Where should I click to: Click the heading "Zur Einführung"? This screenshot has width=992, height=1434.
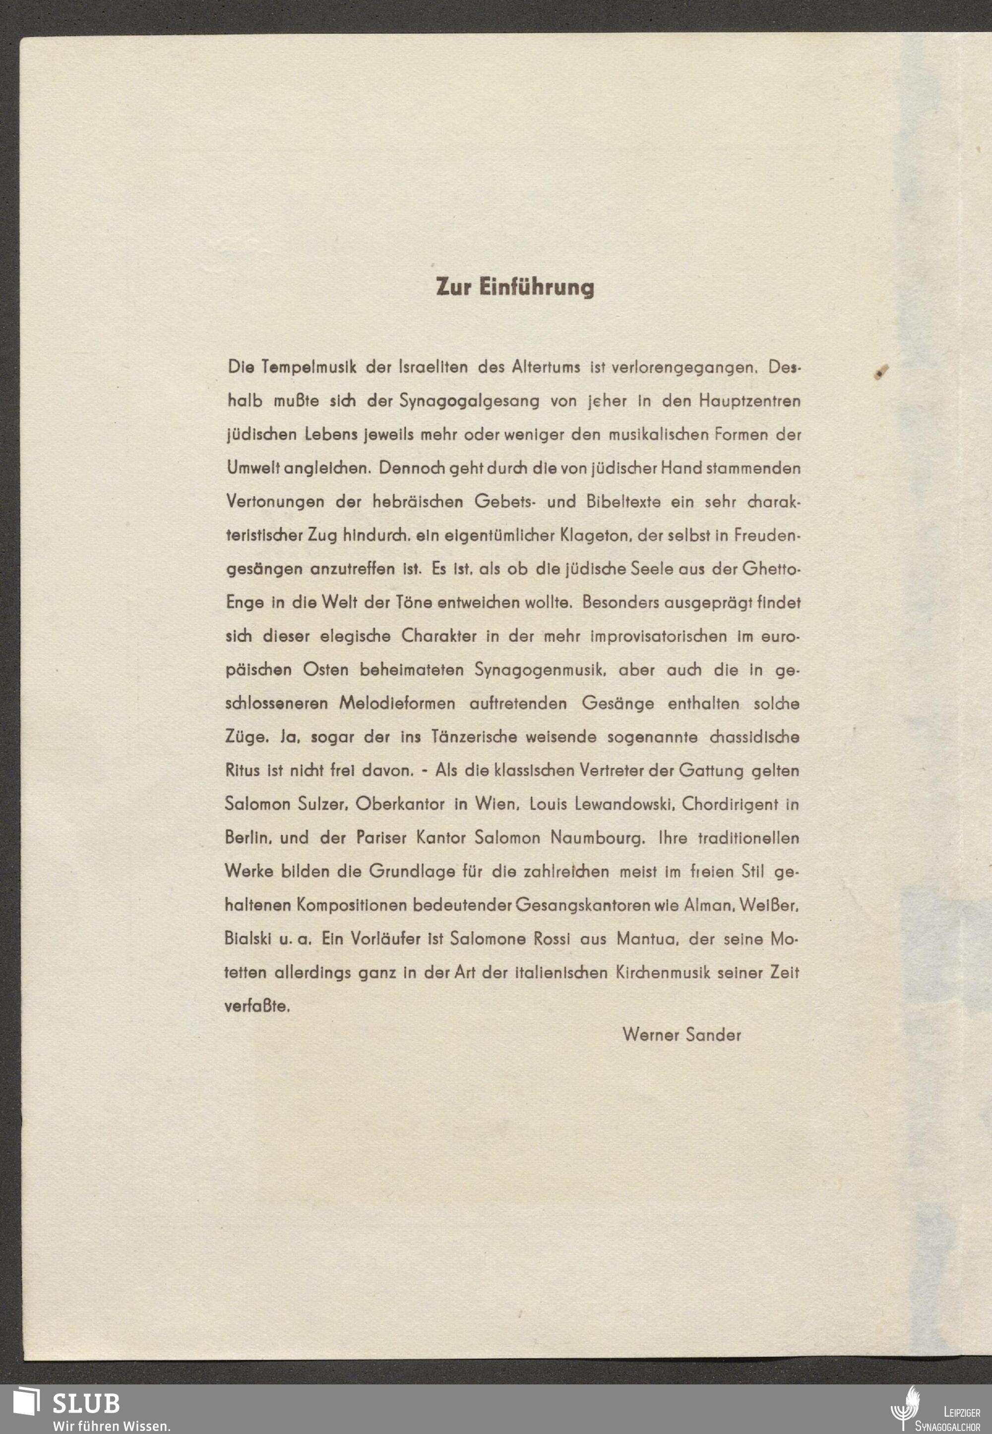click(x=515, y=287)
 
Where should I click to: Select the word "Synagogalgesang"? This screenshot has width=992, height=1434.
click(x=469, y=401)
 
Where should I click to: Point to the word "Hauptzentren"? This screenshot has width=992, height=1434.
click(x=749, y=401)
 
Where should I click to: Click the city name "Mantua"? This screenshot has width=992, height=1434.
click(x=648, y=939)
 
